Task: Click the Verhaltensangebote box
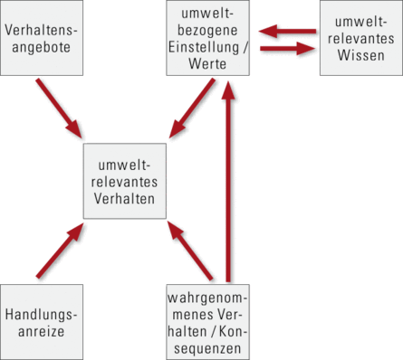pos(42,38)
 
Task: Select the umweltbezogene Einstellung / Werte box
pos(209,38)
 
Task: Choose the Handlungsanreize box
pos(42,321)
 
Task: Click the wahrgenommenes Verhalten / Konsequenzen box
pos(209,321)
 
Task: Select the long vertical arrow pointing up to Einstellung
pos(230,181)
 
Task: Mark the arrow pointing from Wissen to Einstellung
pos(281,33)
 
